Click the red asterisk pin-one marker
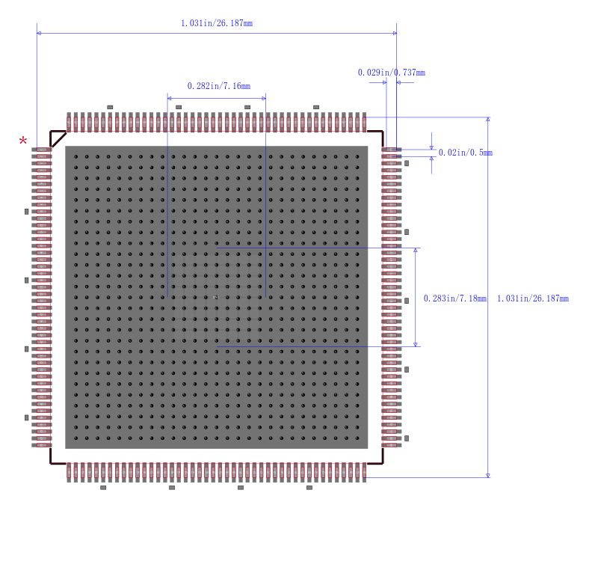23,141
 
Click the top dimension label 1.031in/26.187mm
217,23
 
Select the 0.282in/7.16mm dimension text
219,86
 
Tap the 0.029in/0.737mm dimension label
391,73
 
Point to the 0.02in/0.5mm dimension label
465,153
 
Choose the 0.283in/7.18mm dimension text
455,298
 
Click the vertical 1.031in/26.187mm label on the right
533,298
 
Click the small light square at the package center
216,297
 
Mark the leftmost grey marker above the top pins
110,107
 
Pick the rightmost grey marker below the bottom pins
309,488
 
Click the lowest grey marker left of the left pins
26,417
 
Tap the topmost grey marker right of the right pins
407,163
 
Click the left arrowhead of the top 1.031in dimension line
39,33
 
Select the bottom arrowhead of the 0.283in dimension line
416,345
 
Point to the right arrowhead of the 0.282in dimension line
264,98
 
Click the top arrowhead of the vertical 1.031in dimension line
488,120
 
